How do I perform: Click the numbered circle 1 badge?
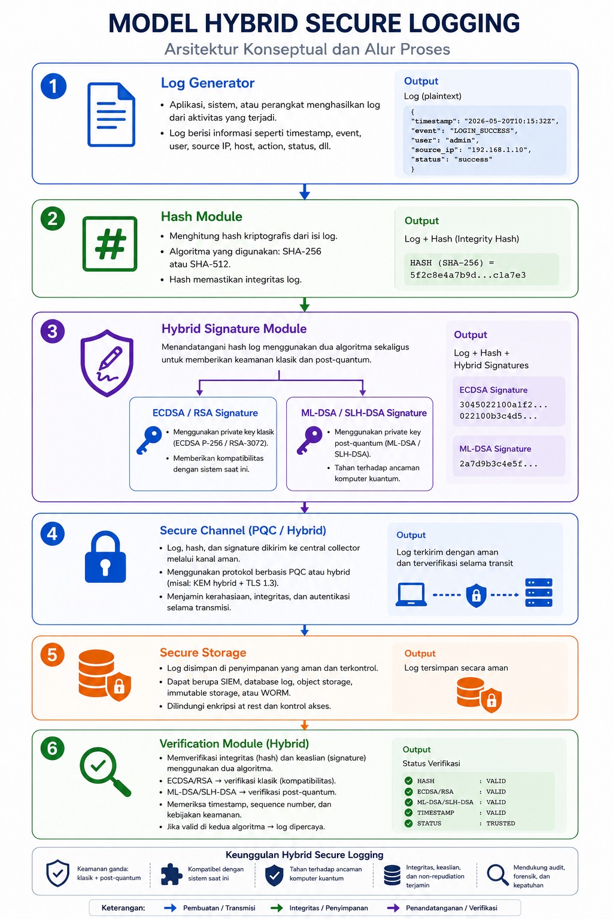53,86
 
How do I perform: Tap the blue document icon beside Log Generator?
111,114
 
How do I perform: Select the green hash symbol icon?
110,244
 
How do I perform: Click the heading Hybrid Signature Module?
233,328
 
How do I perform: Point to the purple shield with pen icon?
107,363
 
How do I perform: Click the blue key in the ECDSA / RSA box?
149,440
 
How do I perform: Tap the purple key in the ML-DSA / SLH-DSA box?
309,440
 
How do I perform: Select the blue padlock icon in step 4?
105,556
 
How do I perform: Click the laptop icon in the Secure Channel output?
411,594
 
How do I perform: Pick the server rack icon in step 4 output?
539,592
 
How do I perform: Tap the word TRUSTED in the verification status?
500,823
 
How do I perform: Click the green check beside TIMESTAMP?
408,813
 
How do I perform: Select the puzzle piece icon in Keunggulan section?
171,874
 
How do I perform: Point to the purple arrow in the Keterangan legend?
393,908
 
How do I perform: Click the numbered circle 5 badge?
52,655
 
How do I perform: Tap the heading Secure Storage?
203,652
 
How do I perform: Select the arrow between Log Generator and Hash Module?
305,191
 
